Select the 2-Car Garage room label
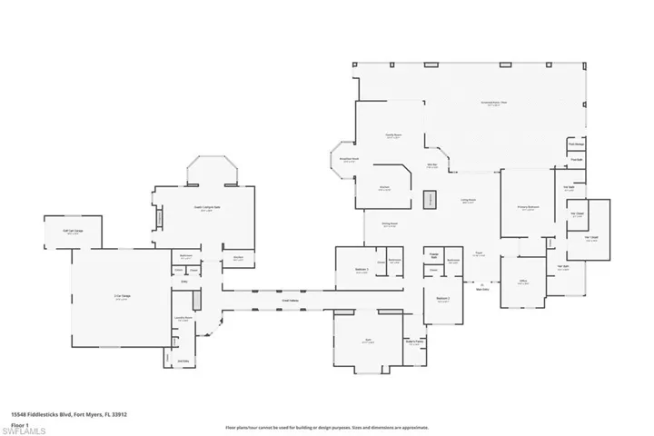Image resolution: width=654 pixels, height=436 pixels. [x=119, y=297]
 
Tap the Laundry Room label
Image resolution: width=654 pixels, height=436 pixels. [x=183, y=319]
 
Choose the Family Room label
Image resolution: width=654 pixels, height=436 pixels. [x=393, y=134]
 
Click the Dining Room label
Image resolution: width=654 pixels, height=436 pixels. [x=390, y=225]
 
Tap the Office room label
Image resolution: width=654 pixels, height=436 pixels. [x=522, y=282]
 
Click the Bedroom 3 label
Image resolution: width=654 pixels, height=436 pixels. [x=362, y=270]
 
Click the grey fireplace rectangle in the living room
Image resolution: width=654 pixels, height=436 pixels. [x=431, y=199]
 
